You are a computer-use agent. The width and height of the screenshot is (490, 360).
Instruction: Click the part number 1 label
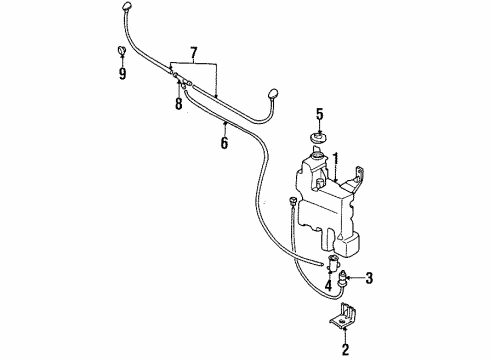pyautogui.click(x=337, y=157)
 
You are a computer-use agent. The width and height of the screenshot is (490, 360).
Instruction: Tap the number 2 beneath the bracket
pyautogui.click(x=346, y=350)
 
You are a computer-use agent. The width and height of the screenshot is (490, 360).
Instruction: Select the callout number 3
pyautogui.click(x=368, y=278)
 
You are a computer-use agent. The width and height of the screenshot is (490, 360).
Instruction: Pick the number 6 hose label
pyautogui.click(x=224, y=144)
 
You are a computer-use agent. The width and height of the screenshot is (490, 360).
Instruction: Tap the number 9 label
pyautogui.click(x=123, y=73)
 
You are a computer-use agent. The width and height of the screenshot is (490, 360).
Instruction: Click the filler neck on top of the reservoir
pyautogui.click(x=317, y=153)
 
